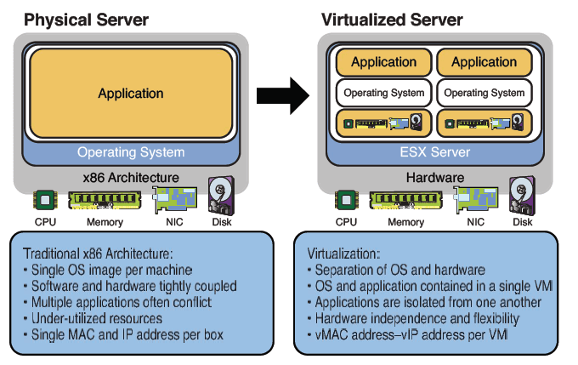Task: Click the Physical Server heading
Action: (87, 19)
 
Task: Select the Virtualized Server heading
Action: (393, 19)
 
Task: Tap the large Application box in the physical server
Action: (130, 94)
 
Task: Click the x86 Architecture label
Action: (131, 177)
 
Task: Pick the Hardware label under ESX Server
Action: (434, 177)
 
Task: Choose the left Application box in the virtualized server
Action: (383, 61)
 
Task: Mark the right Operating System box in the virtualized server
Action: (484, 92)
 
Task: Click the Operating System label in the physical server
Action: (130, 153)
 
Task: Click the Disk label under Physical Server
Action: (220, 222)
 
